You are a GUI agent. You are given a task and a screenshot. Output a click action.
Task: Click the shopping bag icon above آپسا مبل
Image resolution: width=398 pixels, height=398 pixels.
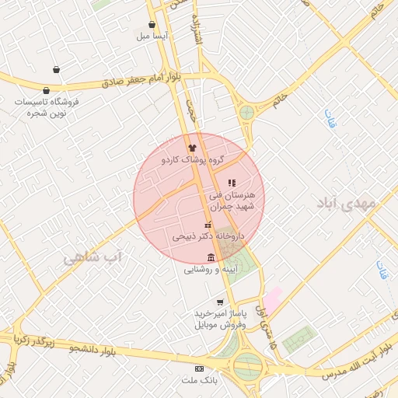point(152,25)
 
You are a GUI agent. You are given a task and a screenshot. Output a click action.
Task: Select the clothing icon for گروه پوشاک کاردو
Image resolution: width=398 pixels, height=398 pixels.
point(192,147)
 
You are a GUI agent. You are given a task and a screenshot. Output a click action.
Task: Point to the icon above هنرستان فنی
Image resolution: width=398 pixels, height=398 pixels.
point(231,183)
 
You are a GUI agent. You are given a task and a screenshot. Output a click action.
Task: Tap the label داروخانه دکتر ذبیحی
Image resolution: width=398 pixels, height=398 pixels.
point(208,234)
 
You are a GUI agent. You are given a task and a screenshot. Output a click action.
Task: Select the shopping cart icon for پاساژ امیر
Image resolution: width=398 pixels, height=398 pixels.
point(220,302)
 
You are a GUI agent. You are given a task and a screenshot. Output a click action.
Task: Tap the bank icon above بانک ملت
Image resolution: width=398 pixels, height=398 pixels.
point(199,368)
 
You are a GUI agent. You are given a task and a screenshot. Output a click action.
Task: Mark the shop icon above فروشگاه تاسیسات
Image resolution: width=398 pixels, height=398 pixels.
point(56,90)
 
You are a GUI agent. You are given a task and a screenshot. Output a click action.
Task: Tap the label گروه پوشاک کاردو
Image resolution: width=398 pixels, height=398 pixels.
point(193,159)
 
